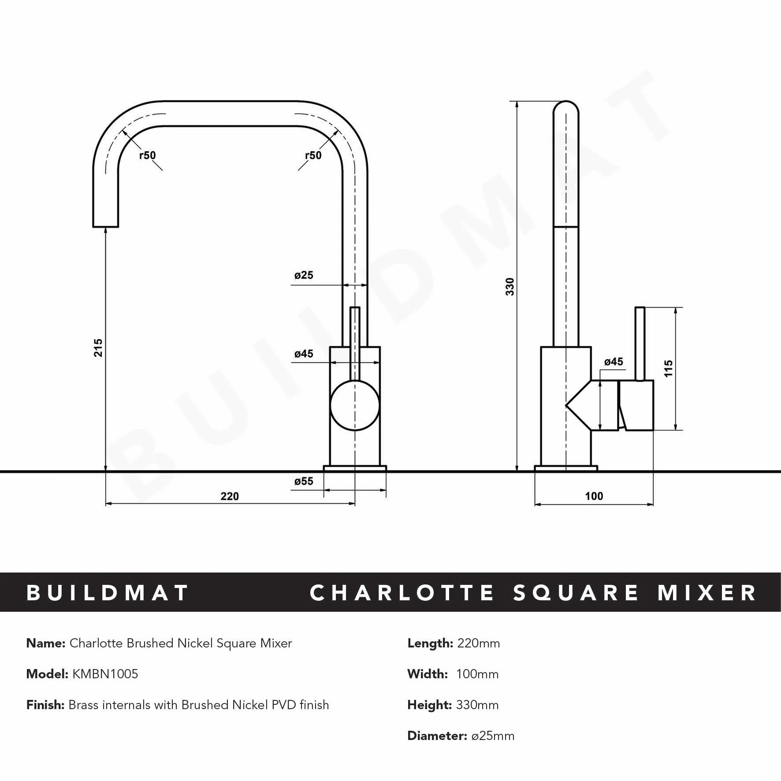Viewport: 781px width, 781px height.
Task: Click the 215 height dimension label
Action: click(98, 347)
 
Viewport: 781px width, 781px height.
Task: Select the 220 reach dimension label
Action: click(229, 496)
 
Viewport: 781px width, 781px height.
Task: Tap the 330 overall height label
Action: click(510, 286)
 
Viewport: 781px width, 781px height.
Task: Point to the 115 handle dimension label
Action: click(669, 368)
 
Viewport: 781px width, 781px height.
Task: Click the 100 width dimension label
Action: click(594, 496)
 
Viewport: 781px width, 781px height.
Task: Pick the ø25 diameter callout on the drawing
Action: click(304, 275)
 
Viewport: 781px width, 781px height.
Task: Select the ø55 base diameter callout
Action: click(304, 481)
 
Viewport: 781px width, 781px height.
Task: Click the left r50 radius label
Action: click(148, 155)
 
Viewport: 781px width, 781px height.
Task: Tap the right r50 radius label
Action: click(313, 155)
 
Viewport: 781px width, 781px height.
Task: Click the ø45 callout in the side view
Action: click(614, 362)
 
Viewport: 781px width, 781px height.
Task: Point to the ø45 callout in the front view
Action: click(304, 354)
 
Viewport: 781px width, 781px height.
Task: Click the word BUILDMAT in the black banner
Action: click(108, 593)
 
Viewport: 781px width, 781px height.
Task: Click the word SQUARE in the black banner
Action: click(576, 593)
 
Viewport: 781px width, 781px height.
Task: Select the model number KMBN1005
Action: click(105, 674)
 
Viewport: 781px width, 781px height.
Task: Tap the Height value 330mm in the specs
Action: click(477, 705)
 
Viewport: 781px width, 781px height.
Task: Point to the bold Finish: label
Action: click(45, 705)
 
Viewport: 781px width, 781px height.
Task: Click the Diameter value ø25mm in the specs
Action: click(493, 736)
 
